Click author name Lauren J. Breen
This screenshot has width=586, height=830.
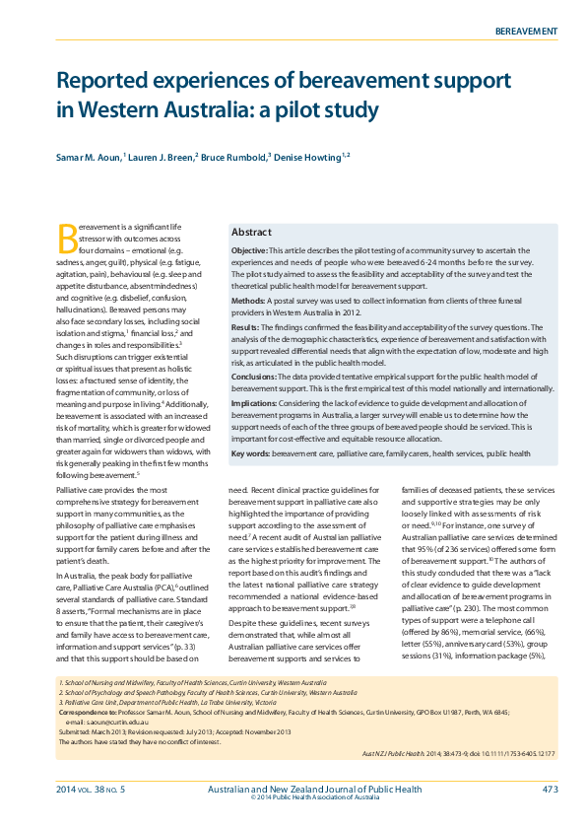(x=163, y=157)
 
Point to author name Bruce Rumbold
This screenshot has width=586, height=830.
(x=232, y=157)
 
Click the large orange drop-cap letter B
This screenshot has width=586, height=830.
(x=68, y=238)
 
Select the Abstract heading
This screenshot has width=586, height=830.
(x=251, y=232)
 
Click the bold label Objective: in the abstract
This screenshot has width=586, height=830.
(x=253, y=252)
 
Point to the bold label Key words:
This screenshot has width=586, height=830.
(x=250, y=453)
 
